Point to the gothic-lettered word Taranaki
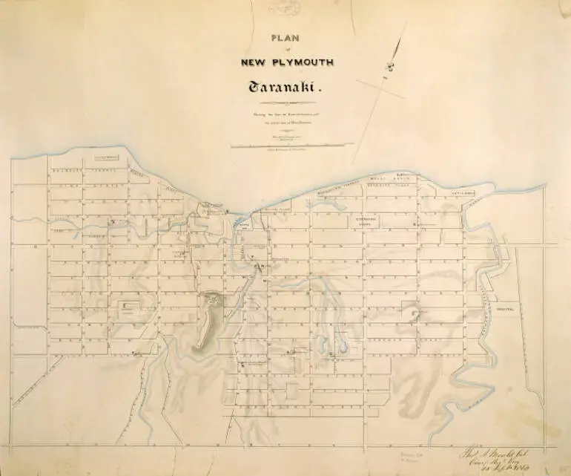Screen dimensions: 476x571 (283, 88)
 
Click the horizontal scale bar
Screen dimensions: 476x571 (286, 144)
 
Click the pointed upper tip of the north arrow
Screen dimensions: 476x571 (406, 23)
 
